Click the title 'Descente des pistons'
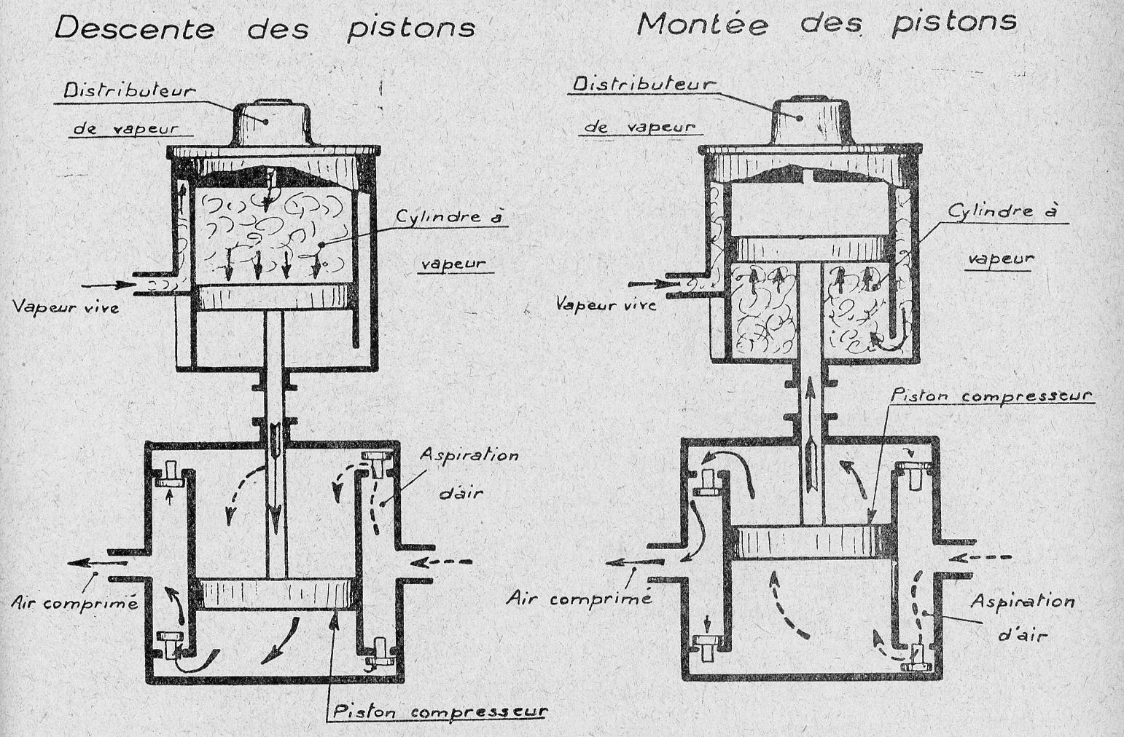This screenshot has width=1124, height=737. (265, 28)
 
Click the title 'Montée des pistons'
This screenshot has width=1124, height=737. (826, 22)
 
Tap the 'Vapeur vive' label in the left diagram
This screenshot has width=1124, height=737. (65, 307)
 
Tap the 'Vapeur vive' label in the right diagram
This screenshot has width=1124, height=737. (606, 303)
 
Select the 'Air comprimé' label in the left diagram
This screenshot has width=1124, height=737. (74, 602)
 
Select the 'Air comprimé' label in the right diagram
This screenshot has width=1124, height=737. (578, 599)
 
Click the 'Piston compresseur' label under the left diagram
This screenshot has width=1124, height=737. (438, 710)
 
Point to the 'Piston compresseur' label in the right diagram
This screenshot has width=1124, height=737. (991, 396)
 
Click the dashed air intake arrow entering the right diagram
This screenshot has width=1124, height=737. (985, 559)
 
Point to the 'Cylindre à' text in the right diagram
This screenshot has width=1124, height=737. (1002, 212)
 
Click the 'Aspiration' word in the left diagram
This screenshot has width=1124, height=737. (469, 455)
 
